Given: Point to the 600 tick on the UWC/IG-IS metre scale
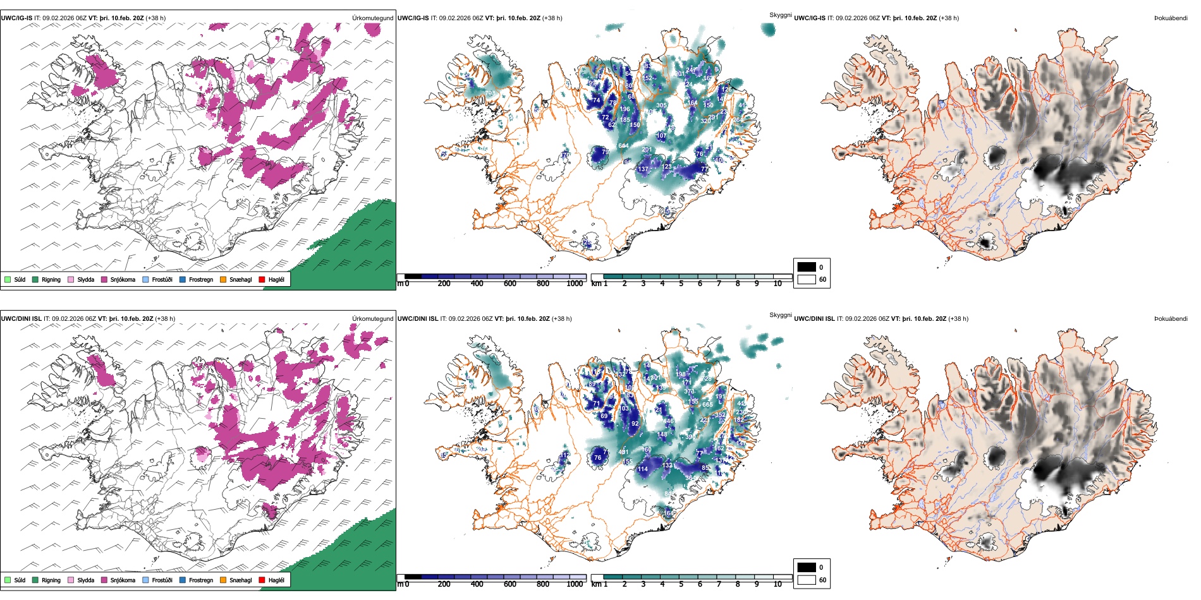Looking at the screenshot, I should tap(509, 284).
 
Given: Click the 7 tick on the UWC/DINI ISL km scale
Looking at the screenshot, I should tap(719, 584).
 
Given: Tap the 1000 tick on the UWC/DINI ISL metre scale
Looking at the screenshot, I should tap(575, 584).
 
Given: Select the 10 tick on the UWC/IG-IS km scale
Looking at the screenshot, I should tap(777, 284).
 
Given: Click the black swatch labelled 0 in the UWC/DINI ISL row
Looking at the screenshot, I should tap(807, 567).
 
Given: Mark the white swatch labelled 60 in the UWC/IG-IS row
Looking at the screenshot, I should tap(807, 279).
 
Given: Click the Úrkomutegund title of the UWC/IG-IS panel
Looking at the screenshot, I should tap(372, 18).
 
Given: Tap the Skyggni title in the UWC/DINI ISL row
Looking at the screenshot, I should tap(780, 315).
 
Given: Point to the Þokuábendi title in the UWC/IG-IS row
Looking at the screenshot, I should tap(1171, 18).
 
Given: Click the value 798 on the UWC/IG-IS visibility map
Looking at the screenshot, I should tap(490, 94).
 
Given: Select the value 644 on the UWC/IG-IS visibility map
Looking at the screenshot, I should tap(623, 146).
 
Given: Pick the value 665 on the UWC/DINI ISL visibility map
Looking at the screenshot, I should tap(707, 405).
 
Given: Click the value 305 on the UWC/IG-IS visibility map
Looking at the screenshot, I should tap(661, 105).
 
